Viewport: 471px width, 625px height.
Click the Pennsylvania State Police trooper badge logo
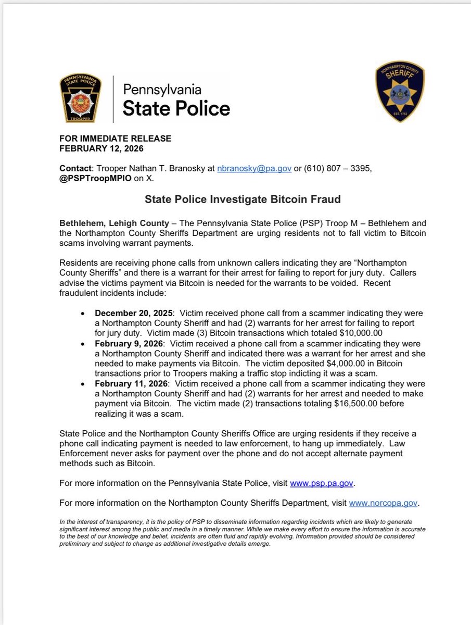tap(82, 98)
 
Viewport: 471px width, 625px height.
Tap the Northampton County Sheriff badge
tap(400, 92)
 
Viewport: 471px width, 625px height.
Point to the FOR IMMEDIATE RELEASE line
tap(115, 139)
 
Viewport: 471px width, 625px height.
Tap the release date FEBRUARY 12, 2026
tap(101, 148)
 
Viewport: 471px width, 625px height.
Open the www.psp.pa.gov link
tap(322, 483)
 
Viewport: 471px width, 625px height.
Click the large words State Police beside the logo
tap(176, 108)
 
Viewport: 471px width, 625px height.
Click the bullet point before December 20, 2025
tap(82, 314)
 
